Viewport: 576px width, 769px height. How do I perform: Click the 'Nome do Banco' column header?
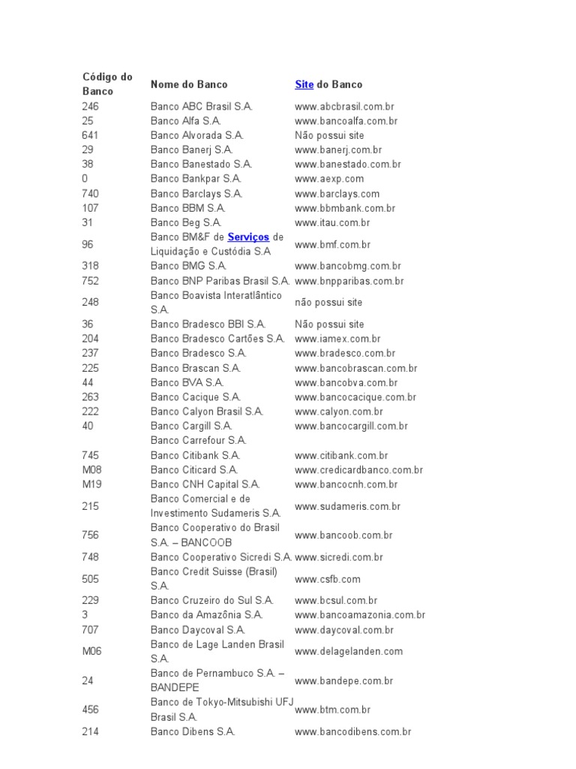(188, 84)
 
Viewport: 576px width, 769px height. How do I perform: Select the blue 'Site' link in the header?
(304, 84)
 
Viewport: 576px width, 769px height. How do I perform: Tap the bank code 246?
(90, 107)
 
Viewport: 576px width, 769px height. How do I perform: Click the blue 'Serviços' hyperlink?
(248, 237)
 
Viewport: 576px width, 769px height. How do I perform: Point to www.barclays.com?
(337, 194)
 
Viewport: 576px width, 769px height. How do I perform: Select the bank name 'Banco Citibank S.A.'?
(195, 455)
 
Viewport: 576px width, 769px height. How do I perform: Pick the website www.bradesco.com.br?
(345, 353)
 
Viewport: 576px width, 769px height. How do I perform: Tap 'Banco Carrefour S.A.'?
(198, 441)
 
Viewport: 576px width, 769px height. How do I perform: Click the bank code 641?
(90, 136)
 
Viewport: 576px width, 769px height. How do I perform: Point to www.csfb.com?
(328, 579)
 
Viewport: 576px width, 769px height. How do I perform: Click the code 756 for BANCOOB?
(90, 535)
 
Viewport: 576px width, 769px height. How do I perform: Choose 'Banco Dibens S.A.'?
(193, 731)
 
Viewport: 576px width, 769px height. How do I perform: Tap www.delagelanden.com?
(349, 652)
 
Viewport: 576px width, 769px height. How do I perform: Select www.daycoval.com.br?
(344, 630)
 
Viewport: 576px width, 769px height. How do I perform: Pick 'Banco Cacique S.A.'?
(195, 397)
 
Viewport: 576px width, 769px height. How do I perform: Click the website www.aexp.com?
(329, 179)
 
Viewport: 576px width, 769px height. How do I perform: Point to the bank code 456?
(90, 710)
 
